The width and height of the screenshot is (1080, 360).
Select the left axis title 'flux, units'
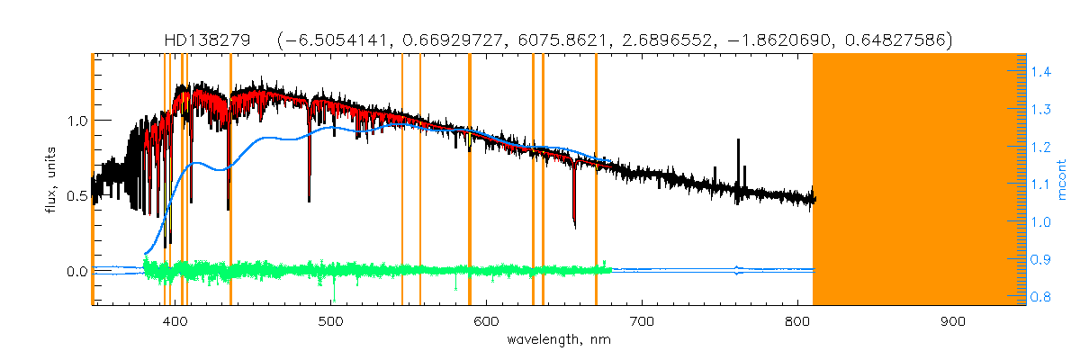click(55, 180)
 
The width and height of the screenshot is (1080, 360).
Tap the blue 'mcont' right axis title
click(1063, 180)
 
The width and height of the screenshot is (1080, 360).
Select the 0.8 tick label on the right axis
click(1042, 297)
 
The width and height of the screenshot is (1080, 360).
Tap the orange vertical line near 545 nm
click(401, 180)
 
